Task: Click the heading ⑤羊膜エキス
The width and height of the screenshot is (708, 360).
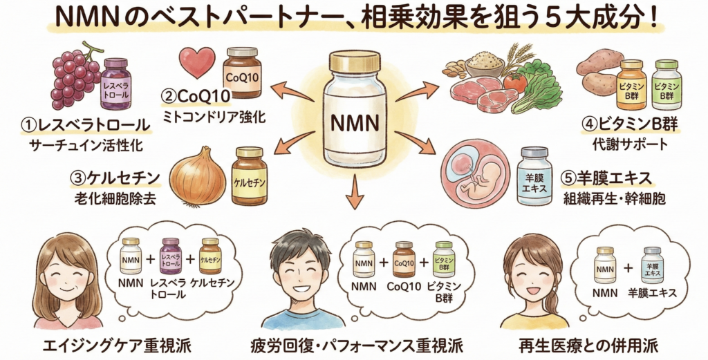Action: click(608, 178)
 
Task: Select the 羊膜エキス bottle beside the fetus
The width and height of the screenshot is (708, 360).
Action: click(534, 176)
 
